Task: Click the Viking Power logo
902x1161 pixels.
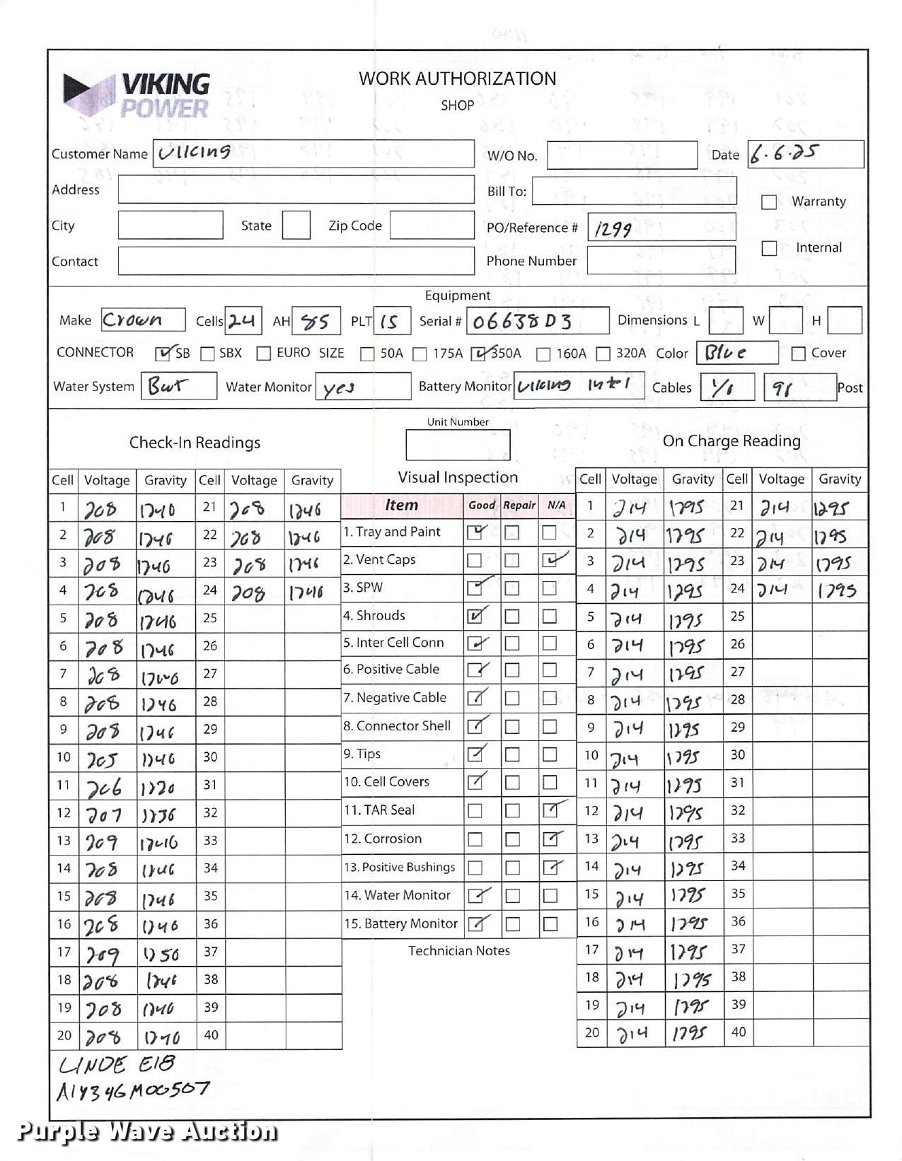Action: tap(138, 95)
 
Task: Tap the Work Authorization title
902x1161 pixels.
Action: tap(457, 78)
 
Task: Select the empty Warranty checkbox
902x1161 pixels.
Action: tap(768, 202)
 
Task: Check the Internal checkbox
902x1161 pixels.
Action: tap(768, 248)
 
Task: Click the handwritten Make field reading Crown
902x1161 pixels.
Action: tap(133, 320)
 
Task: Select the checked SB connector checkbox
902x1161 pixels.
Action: tap(163, 353)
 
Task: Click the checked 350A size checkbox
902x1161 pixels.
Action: tap(480, 353)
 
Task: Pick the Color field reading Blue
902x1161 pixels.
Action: tap(725, 353)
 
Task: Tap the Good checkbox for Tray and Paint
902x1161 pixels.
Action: tap(475, 532)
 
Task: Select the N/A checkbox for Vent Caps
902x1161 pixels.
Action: tap(550, 560)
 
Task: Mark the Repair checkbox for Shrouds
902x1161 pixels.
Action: tap(512, 617)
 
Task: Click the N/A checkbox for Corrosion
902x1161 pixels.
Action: tap(550, 839)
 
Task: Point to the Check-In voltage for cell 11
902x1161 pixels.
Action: tap(105, 786)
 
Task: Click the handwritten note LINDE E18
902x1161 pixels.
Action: tap(116, 1064)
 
